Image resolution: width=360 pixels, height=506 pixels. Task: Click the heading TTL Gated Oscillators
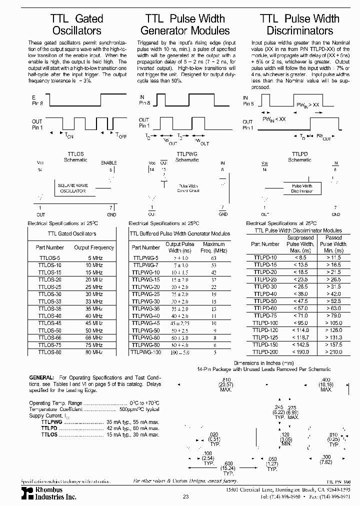click(76, 25)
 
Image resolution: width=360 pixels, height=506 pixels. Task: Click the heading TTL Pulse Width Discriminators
click(299, 25)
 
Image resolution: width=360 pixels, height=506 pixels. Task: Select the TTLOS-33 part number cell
click(49, 301)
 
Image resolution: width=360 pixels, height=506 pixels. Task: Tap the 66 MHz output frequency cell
click(93, 337)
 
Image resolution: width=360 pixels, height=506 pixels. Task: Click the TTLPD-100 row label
click(264, 323)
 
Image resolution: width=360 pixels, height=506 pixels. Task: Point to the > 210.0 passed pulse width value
click(333, 352)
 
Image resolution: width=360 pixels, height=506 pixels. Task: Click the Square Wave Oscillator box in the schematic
click(73, 188)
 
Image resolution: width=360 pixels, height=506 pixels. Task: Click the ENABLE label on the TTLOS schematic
click(108, 163)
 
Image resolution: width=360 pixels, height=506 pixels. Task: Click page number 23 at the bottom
click(185, 496)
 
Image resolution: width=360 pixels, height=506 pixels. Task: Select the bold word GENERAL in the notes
click(42, 377)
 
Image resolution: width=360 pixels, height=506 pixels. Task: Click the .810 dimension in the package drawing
click(226, 380)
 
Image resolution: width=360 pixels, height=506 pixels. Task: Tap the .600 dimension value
click(228, 462)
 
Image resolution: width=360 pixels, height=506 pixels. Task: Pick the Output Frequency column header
click(94, 247)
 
